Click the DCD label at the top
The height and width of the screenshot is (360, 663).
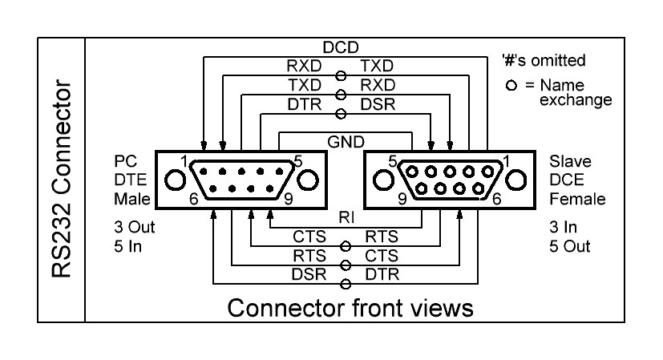coord(341,49)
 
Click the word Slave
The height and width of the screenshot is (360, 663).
coord(566,161)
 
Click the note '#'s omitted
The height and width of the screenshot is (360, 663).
coord(542,59)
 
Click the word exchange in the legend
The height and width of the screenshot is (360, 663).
coord(576,100)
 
